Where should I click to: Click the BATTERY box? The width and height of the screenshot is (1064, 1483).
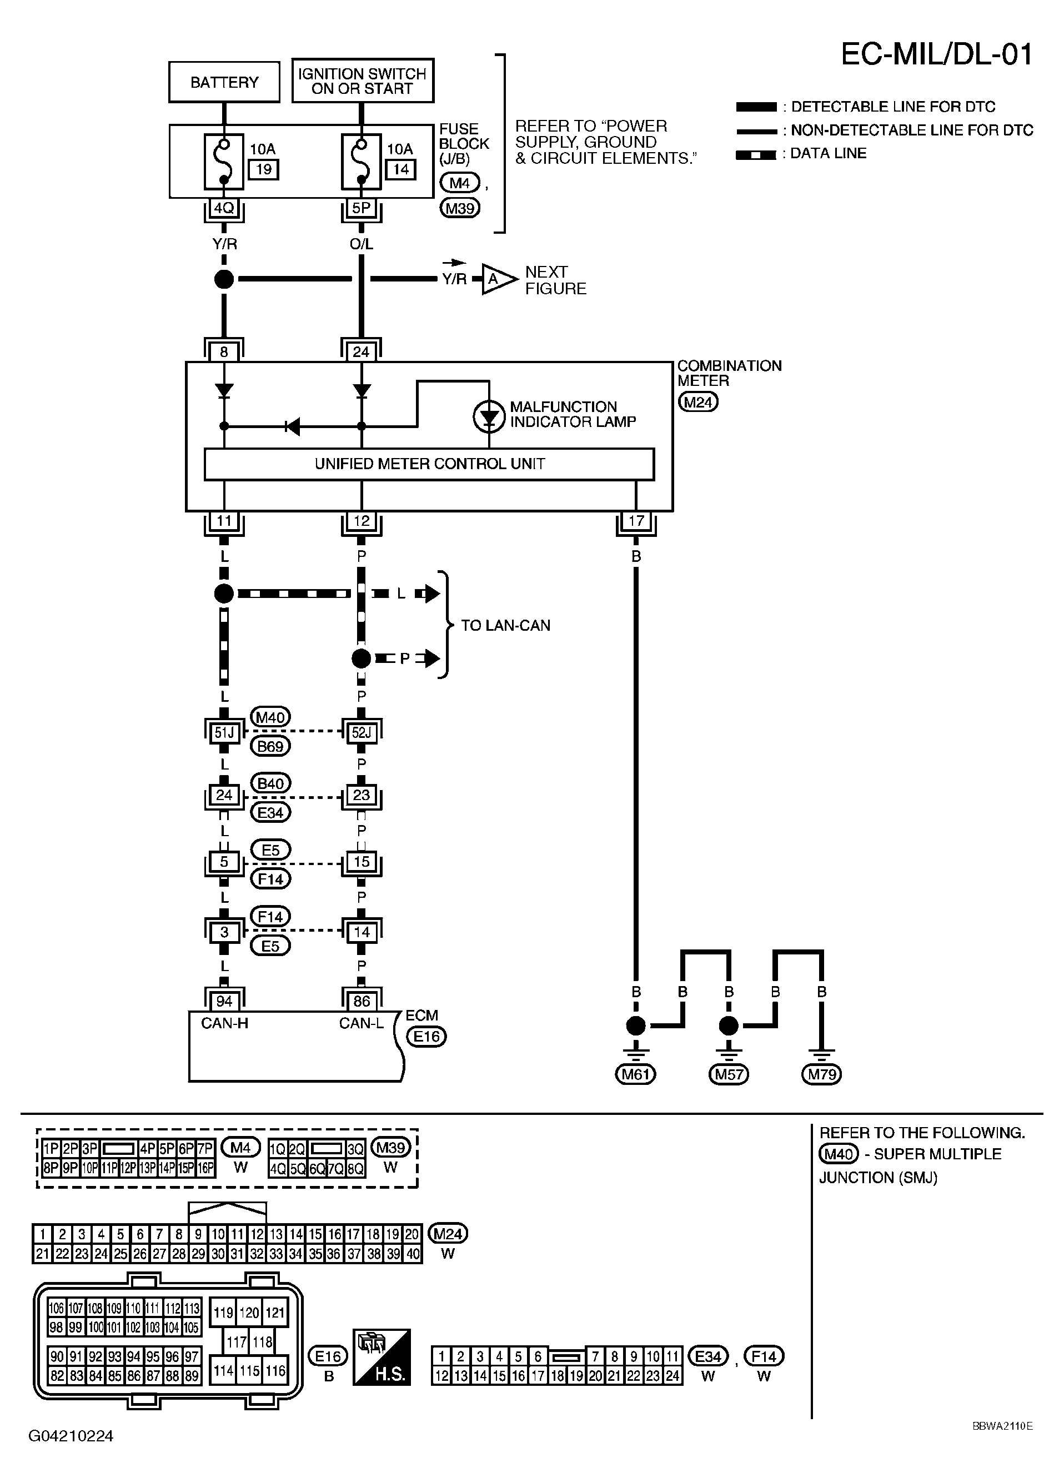click(x=224, y=82)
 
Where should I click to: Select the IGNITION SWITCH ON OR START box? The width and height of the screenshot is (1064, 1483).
click(x=362, y=81)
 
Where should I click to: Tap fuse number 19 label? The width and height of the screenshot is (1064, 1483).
click(x=264, y=169)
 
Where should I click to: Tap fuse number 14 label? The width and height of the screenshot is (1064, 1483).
click(x=400, y=169)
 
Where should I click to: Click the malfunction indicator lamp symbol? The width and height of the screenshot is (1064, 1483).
click(x=489, y=416)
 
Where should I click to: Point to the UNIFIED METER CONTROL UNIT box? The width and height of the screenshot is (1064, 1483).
click(x=429, y=464)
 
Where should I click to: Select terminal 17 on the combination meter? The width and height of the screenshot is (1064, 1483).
click(x=636, y=521)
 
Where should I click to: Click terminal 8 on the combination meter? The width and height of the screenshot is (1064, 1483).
click(x=224, y=352)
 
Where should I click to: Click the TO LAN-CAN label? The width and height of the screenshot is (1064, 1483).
click(x=505, y=625)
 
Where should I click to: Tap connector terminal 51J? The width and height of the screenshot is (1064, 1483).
click(x=224, y=732)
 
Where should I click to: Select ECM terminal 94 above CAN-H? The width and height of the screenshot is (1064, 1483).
click(x=224, y=1001)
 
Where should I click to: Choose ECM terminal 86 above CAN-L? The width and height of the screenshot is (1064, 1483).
click(x=361, y=1001)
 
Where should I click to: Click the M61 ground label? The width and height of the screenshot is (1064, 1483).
click(x=635, y=1074)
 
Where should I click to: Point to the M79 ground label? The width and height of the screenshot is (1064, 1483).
click(x=821, y=1074)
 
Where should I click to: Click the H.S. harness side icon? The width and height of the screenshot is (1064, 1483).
click(x=382, y=1357)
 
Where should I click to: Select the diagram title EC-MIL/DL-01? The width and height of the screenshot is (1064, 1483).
click(x=936, y=55)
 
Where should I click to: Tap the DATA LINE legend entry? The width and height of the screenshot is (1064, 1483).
click(x=827, y=154)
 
